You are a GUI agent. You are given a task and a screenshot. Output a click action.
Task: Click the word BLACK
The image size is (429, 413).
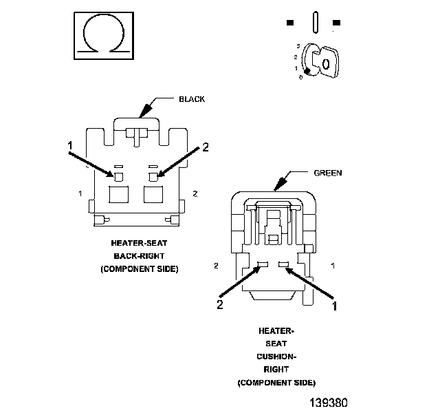point(192,99)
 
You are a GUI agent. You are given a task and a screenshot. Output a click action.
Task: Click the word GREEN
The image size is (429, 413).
point(328,173)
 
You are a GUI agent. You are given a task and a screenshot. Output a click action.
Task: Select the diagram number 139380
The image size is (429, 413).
point(329,403)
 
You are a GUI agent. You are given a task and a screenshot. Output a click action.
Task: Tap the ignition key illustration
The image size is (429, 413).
point(320,61)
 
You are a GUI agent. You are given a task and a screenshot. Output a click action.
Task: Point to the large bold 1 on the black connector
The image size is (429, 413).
point(70,146)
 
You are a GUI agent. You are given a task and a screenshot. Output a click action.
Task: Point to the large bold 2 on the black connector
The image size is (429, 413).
point(206,147)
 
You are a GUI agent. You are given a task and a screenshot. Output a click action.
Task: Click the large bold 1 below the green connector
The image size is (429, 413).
point(334,306)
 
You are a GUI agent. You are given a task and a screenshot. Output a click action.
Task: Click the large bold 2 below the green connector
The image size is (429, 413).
point(220,304)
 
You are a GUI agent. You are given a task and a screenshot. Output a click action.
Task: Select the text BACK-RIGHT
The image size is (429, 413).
point(139,256)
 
